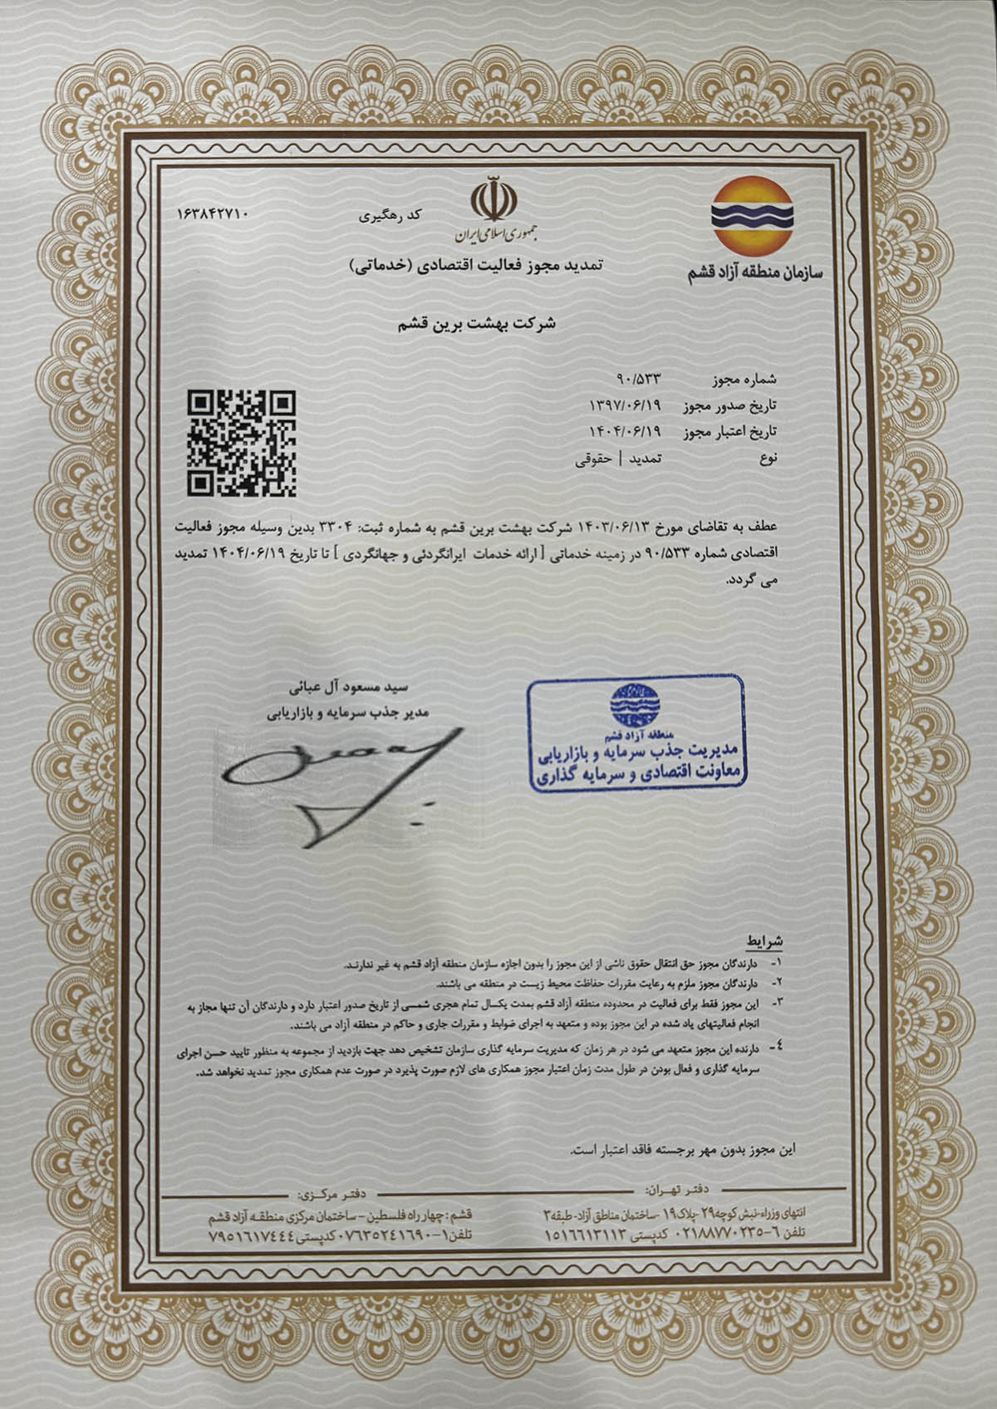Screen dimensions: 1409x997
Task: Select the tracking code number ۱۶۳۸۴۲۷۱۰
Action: click(x=213, y=214)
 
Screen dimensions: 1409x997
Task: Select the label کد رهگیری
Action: click(x=390, y=217)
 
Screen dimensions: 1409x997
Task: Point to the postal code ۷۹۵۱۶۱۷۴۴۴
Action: click(x=250, y=1235)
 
